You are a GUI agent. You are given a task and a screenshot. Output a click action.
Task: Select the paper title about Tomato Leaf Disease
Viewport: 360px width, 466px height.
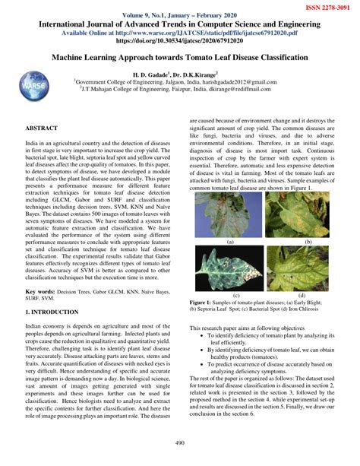(x=180, y=57)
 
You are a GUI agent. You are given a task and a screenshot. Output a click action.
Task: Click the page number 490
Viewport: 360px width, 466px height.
(x=180, y=443)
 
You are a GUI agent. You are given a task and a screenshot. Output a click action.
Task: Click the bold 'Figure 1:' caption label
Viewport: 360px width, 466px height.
(x=206, y=302)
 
